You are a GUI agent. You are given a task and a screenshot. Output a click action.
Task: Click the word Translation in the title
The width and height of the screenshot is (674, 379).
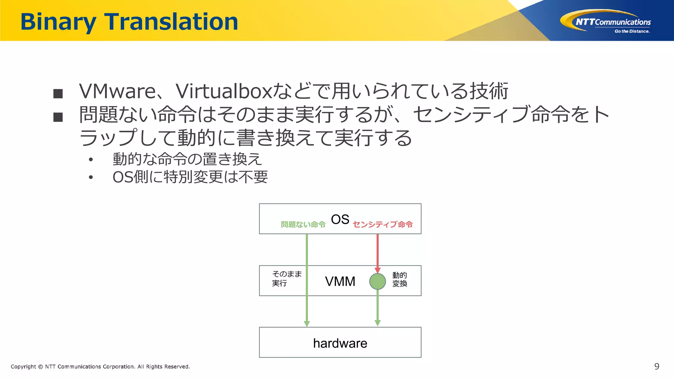(x=171, y=22)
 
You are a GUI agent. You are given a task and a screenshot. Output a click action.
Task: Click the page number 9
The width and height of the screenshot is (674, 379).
(x=657, y=366)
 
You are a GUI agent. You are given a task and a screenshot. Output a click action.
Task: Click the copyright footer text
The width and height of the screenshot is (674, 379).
(x=100, y=366)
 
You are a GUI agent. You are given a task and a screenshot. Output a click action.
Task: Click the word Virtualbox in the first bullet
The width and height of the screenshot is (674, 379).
(x=224, y=91)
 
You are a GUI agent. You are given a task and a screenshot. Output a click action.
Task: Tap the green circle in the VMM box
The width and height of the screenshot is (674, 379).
(x=377, y=281)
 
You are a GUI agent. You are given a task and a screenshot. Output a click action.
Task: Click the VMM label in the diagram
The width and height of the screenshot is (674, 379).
(x=340, y=281)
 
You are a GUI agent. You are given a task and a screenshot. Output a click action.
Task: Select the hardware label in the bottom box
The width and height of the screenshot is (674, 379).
(x=340, y=343)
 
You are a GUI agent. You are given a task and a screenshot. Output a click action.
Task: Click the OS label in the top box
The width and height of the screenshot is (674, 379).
(x=340, y=219)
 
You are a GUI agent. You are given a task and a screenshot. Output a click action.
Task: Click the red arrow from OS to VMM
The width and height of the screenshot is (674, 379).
(x=377, y=252)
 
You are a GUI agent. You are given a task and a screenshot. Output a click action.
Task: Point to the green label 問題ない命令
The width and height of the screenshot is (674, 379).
(x=303, y=224)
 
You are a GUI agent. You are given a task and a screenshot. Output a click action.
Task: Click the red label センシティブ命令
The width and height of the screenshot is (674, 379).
(x=383, y=224)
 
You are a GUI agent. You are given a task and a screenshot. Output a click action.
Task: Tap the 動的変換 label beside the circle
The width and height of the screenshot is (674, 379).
(x=400, y=279)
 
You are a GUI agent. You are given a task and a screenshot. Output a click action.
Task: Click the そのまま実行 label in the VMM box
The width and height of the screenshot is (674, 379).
(x=286, y=278)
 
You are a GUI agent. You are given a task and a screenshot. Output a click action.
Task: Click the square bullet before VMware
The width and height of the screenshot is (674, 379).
(x=58, y=94)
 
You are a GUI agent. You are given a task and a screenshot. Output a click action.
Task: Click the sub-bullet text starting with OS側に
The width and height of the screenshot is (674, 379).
(x=190, y=177)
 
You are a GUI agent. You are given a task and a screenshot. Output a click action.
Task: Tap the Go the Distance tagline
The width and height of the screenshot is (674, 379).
(x=632, y=32)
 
